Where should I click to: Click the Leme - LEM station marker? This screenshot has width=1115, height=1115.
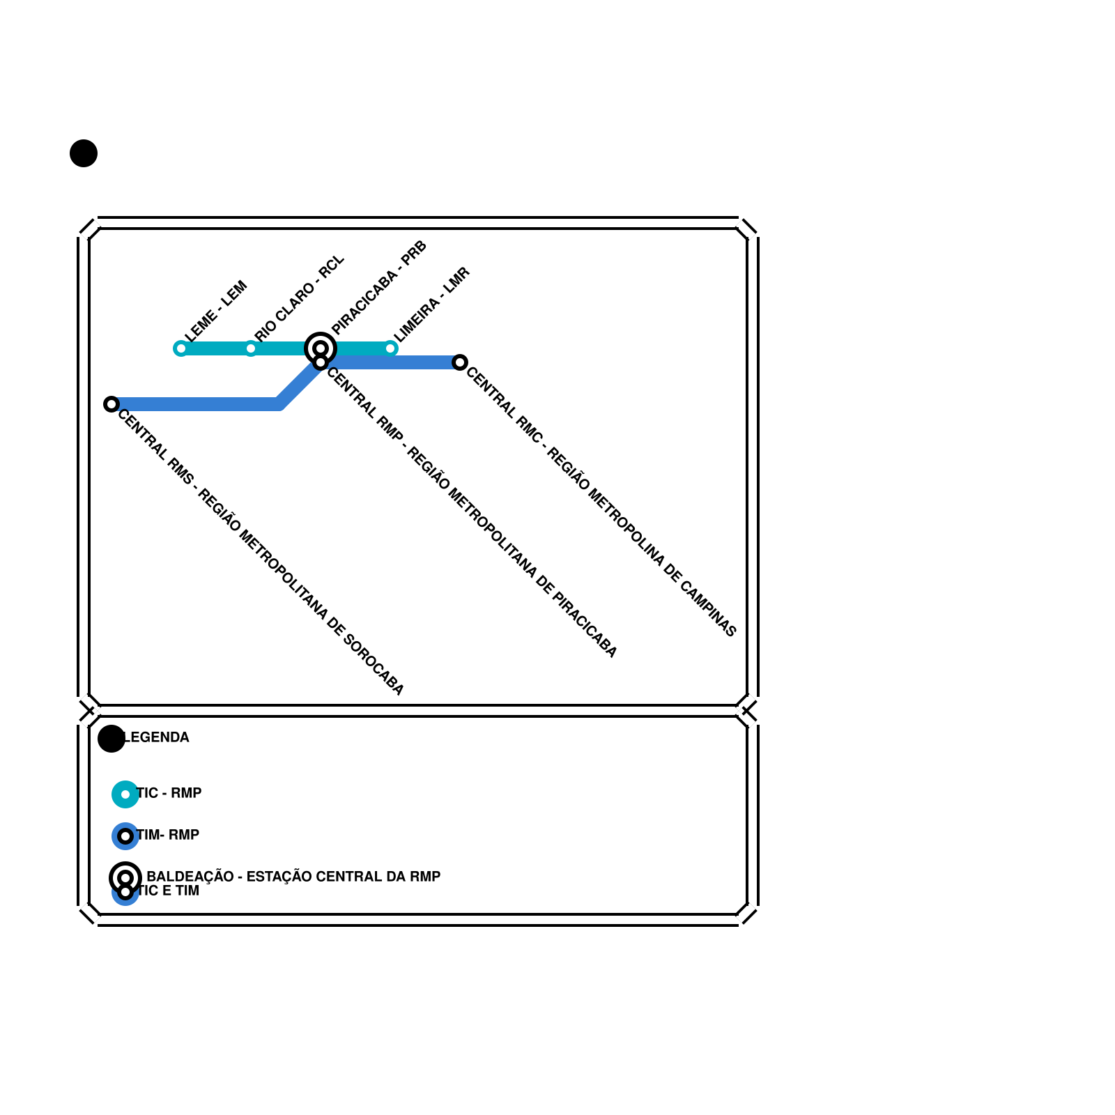pos(180,348)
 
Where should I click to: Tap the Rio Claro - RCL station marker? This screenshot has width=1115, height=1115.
pos(251,348)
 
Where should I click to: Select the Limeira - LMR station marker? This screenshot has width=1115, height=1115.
pos(391,348)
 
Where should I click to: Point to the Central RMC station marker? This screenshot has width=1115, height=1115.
pos(460,362)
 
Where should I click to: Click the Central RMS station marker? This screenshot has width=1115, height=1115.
pos(111,404)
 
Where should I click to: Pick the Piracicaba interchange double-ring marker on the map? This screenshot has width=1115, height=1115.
pos(321,348)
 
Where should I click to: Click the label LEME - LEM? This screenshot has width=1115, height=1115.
pos(216,312)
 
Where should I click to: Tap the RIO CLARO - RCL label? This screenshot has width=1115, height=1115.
pos(300,298)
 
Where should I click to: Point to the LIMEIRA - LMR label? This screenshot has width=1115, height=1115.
pos(432,305)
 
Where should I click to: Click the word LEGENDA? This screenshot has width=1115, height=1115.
pos(157,737)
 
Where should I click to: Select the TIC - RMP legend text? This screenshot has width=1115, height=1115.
pos(169,793)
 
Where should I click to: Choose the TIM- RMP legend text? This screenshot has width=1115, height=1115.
pos(168,835)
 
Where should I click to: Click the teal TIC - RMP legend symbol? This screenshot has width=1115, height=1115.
pos(125,794)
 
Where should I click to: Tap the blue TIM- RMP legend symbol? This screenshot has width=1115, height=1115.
pos(125,836)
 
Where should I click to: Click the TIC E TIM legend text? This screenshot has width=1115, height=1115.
pos(168,891)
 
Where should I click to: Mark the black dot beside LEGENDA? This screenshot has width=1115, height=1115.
pos(111,739)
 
